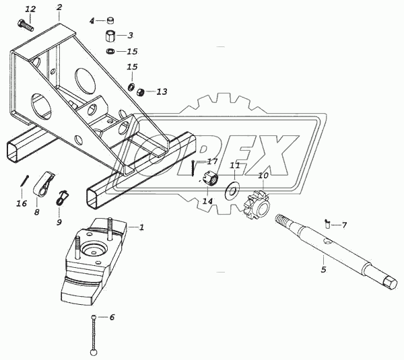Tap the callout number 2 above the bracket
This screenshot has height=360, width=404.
59,7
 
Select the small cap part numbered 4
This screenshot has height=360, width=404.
111,20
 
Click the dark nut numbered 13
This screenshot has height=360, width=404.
140,92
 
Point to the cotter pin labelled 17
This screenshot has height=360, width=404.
193,168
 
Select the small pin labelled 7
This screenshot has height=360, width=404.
328,223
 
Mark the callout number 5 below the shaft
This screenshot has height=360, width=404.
323,270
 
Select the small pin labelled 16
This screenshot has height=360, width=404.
25,181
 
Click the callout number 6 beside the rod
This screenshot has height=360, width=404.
112,317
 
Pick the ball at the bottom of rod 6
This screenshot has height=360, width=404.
94,352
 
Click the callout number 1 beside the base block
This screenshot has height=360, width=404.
141,227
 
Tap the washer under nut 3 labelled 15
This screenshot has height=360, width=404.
111,51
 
